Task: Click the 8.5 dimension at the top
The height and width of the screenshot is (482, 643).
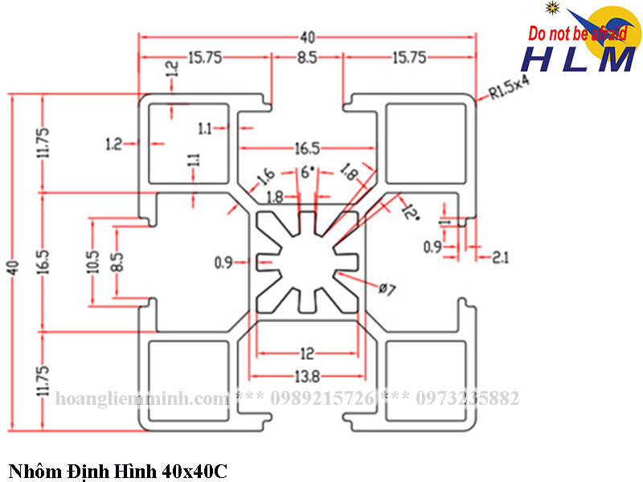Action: click(306, 57)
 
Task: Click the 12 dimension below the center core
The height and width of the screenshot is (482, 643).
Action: click(306, 353)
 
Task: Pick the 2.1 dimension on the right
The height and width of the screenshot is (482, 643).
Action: click(500, 257)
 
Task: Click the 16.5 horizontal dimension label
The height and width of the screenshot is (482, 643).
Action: click(307, 149)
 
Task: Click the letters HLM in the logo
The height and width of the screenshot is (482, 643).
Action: click(578, 59)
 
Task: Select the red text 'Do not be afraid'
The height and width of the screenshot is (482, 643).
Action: click(577, 34)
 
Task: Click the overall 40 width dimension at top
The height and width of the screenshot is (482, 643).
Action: click(306, 36)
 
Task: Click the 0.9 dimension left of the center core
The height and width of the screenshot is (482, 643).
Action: click(223, 262)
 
